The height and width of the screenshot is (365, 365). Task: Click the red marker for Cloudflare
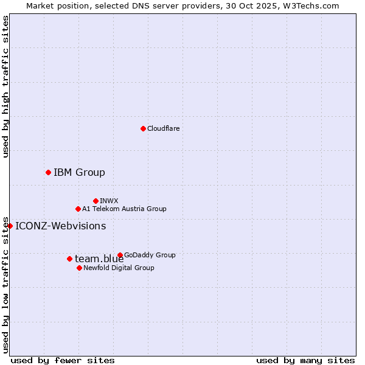(143, 128)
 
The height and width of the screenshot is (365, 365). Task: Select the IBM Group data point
(48, 172)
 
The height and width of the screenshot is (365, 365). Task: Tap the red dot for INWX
(96, 201)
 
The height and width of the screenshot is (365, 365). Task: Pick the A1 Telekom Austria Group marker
(78, 209)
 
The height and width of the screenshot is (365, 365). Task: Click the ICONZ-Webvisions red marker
(10, 226)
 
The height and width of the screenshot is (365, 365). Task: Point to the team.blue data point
(69, 259)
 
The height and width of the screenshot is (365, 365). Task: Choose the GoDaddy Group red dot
(120, 255)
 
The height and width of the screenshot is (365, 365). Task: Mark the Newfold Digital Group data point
(79, 268)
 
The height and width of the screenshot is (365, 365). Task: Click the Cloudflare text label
(163, 128)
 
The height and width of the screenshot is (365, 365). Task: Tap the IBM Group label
(79, 172)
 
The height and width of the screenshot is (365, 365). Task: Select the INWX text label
(109, 201)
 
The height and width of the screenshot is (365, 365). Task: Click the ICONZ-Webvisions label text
(60, 226)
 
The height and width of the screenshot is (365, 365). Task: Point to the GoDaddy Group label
(150, 255)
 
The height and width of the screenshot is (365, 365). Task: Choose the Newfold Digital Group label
(119, 268)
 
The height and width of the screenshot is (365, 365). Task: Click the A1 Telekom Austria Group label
(124, 209)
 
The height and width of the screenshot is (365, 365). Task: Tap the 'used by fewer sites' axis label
(63, 360)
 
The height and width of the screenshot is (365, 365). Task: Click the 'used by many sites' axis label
(305, 360)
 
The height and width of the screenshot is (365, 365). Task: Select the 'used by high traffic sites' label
(5, 86)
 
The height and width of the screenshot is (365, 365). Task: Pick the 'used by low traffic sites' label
(5, 284)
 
